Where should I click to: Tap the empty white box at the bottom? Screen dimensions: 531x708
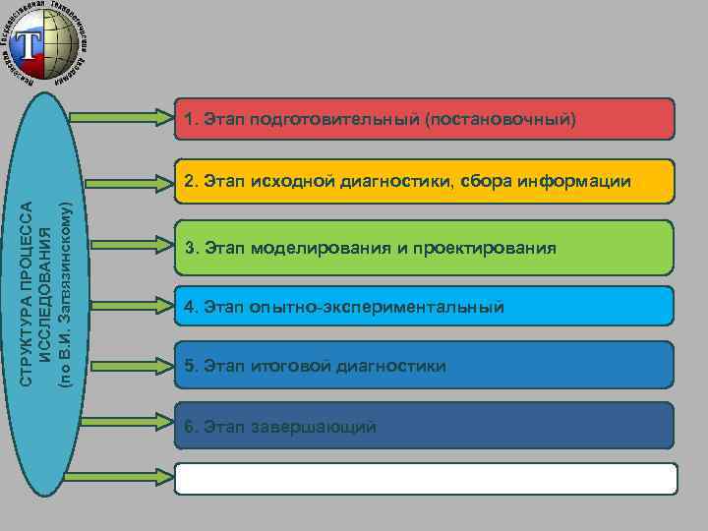[x=426, y=478]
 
